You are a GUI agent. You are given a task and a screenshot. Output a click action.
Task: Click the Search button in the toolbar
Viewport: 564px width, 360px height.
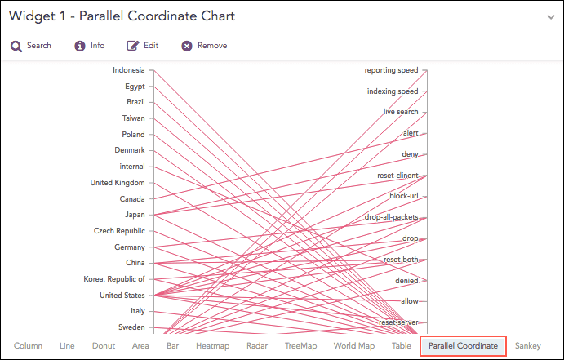(31, 46)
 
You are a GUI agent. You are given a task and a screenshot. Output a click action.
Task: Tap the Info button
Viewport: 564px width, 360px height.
(90, 46)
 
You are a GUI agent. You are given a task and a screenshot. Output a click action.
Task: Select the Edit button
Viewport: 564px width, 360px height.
(143, 46)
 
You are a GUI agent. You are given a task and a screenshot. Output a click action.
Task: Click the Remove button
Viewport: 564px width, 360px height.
(204, 46)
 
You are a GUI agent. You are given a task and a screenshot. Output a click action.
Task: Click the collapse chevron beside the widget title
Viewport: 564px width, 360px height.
(550, 17)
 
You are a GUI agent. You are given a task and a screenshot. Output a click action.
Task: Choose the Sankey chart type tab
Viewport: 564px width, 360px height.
(528, 346)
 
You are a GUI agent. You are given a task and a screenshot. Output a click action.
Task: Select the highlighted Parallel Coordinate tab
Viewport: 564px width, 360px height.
(463, 346)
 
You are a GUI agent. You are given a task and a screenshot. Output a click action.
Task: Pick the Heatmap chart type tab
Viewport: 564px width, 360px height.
(213, 346)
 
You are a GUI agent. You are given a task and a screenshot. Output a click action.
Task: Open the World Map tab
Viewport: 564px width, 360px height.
(354, 346)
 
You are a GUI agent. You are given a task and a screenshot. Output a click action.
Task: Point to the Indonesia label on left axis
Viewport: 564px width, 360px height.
(129, 70)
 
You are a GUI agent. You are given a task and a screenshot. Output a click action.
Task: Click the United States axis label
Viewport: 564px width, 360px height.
(122, 295)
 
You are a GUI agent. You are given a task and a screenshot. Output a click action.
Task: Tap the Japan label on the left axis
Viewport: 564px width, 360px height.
(135, 215)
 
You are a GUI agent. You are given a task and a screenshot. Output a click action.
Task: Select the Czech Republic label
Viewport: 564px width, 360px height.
(119, 231)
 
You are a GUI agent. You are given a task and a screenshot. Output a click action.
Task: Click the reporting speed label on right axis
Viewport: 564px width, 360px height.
(391, 70)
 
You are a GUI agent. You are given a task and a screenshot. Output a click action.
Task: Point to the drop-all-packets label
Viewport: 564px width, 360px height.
(392, 217)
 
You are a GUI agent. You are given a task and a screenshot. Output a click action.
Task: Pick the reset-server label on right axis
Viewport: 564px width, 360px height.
(398, 322)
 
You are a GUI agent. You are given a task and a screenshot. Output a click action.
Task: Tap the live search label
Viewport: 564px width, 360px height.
(401, 111)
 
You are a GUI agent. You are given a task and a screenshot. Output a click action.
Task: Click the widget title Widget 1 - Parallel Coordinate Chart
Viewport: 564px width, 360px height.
(122, 16)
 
